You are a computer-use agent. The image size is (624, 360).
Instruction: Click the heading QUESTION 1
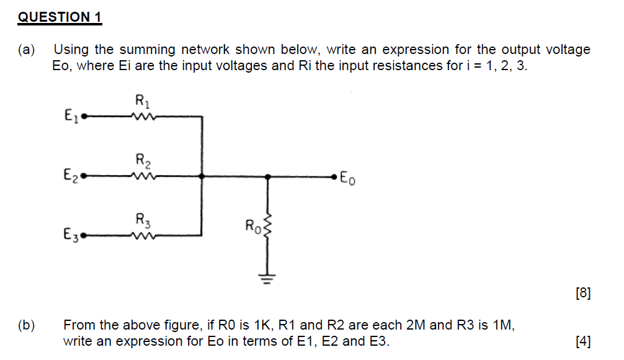tap(60, 17)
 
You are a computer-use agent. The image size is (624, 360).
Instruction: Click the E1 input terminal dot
tap(84, 115)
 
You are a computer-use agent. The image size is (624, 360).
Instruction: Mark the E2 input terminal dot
tap(84, 176)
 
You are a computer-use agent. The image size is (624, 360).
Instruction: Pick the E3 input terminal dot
tap(84, 236)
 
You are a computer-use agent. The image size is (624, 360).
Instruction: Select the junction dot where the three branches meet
tap(202, 176)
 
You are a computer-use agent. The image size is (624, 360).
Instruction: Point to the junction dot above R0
tap(267, 176)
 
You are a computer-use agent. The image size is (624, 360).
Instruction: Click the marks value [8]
tap(582, 293)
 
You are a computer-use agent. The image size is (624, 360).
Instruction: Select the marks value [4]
tap(582, 341)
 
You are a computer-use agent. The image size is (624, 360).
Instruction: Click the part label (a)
tap(26, 50)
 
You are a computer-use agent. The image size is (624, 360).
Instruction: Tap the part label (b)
tap(26, 325)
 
